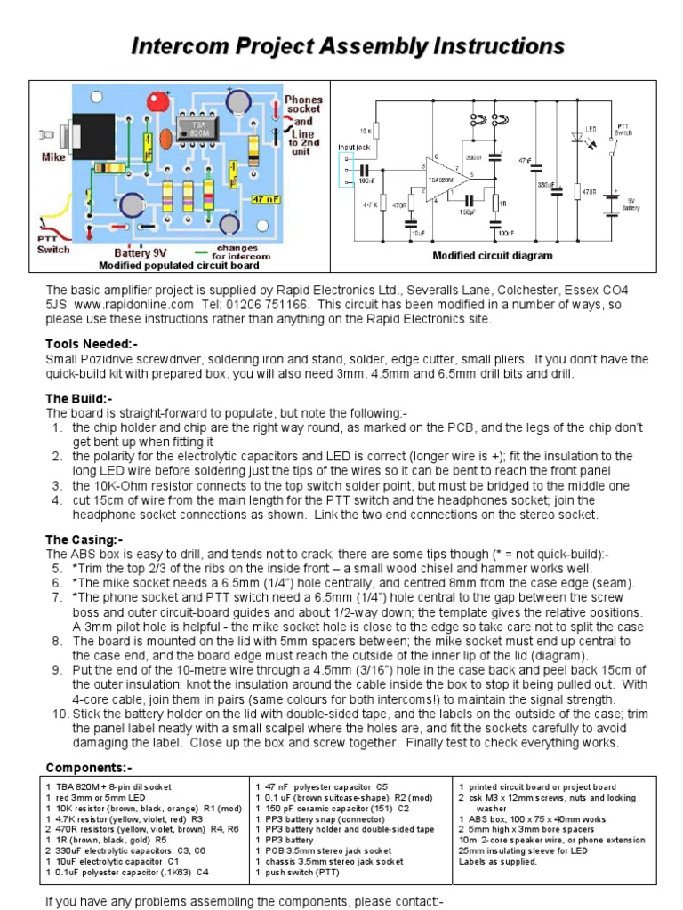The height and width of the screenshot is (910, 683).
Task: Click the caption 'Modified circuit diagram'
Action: (492, 256)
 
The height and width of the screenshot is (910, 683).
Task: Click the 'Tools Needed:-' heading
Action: (92, 344)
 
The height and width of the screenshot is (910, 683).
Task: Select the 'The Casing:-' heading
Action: (84, 539)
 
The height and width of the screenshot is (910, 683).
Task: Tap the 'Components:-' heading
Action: (89, 767)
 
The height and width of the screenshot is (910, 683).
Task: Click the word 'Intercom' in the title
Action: (181, 46)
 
